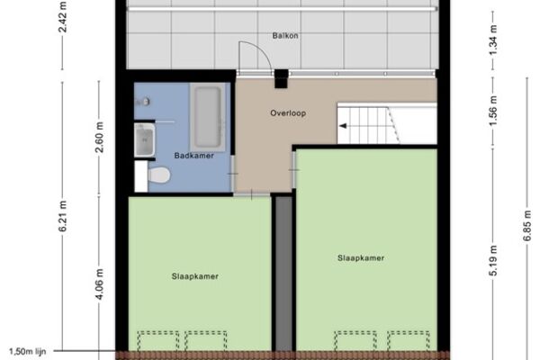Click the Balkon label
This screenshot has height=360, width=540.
[285, 35]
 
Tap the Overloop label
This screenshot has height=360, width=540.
[288, 113]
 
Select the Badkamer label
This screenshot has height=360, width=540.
[193, 156]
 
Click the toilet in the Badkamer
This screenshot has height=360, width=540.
[158, 175]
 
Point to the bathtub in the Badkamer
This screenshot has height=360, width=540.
[208, 117]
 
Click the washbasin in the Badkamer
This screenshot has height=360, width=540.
[144, 139]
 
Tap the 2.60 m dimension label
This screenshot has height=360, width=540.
[100, 137]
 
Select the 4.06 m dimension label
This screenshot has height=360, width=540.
[100, 284]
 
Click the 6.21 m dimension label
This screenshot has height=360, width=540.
[63, 216]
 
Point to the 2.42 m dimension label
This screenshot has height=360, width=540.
[63, 16]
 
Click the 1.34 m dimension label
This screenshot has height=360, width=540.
[493, 40]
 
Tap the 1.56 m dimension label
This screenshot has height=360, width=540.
[493, 111]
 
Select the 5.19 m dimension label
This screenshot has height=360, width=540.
[493, 260]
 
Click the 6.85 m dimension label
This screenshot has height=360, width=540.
[527, 226]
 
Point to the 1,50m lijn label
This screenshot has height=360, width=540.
[27, 352]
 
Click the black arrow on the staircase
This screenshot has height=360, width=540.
[343, 126]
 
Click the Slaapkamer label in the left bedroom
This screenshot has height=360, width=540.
[195, 276]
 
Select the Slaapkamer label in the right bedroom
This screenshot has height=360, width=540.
[361, 258]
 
